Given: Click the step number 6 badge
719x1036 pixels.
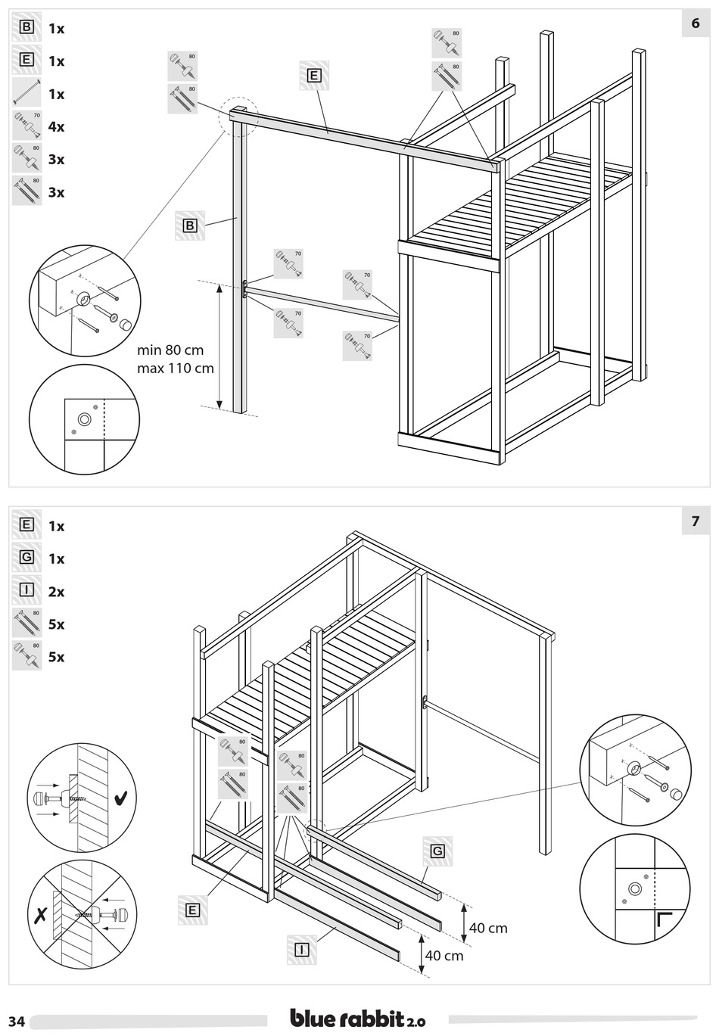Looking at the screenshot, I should click(x=695, y=24).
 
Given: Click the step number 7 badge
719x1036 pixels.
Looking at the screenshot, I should click(x=695, y=521).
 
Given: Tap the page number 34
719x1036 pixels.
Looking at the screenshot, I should click(x=17, y=1022).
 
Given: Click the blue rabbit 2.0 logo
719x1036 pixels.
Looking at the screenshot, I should click(x=358, y=1019).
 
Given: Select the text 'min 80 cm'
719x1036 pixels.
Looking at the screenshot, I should click(x=170, y=350).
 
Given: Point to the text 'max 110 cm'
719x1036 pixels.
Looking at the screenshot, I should click(x=176, y=369).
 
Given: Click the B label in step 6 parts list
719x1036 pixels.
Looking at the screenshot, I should click(x=26, y=28).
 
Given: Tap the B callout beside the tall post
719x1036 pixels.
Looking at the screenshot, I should click(x=190, y=226).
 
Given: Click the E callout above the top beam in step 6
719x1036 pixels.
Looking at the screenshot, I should click(x=314, y=75).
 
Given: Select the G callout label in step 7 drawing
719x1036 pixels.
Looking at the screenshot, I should click(x=437, y=851).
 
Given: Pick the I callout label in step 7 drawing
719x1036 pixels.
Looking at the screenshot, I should click(x=301, y=949).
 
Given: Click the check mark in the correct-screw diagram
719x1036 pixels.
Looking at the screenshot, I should click(x=120, y=798).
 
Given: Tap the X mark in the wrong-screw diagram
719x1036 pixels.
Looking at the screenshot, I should click(x=41, y=913).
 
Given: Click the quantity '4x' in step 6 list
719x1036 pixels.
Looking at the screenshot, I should click(x=56, y=126).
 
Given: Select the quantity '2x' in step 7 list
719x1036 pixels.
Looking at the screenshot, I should click(x=56, y=592).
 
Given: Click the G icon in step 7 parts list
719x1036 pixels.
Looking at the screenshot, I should click(x=26, y=558).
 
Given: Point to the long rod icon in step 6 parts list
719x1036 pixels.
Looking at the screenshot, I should click(x=26, y=93).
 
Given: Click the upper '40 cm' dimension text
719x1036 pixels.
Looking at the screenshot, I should click(x=488, y=928).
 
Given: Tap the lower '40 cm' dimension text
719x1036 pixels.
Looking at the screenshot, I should click(x=444, y=956).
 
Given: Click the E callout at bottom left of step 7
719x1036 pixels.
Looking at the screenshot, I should click(x=192, y=910).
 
